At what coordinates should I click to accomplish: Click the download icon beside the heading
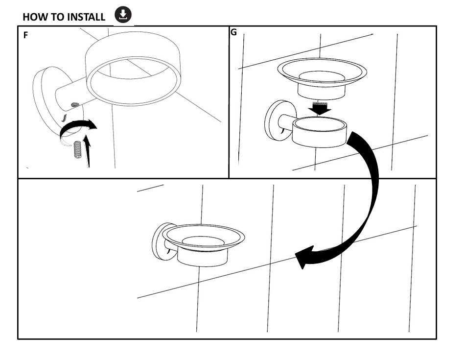click(x=123, y=15)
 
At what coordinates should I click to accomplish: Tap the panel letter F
click(x=25, y=35)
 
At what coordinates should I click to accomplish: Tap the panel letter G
click(x=233, y=32)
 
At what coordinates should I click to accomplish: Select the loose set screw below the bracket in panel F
click(x=77, y=149)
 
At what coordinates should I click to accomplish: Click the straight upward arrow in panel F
click(x=87, y=151)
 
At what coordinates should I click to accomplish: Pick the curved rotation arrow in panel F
click(x=77, y=127)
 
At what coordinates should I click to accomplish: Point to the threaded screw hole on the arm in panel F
click(x=75, y=104)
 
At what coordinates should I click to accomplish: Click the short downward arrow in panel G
click(x=319, y=108)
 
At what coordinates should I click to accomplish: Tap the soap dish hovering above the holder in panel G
click(x=322, y=78)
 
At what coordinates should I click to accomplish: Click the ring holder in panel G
click(x=319, y=132)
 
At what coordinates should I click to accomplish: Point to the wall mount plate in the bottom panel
click(x=162, y=242)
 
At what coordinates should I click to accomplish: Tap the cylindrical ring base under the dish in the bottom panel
click(x=203, y=258)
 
